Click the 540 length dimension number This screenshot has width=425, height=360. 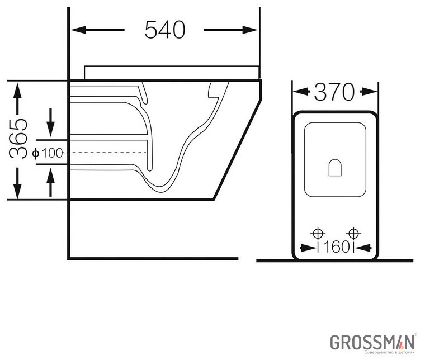[164, 30]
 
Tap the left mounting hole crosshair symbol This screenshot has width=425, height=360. [318, 233]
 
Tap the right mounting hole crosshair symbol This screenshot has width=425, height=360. [353, 233]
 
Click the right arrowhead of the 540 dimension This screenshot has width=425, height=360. [253, 30]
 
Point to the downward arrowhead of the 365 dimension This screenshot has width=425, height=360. [18, 193]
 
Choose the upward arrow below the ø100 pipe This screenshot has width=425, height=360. [51, 174]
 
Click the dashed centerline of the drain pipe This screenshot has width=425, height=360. [106, 153]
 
